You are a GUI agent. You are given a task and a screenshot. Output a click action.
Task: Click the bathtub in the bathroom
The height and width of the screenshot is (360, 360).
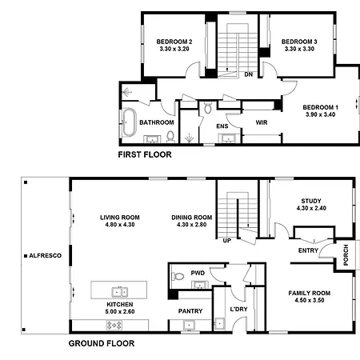point(130,122)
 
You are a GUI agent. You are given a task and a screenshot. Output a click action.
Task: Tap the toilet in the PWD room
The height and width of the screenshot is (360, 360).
point(178,276)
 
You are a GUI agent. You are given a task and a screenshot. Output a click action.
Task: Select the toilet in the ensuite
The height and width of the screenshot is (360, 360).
point(208,107)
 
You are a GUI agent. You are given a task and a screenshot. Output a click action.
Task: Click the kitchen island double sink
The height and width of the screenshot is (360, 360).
point(120,292)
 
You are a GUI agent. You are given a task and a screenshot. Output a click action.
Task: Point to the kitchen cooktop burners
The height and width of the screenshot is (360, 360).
point(114,325)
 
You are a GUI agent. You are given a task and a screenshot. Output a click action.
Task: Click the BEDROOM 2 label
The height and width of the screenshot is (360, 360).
point(174,42)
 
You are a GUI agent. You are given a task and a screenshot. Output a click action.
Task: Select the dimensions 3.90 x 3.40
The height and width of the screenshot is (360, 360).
point(321,114)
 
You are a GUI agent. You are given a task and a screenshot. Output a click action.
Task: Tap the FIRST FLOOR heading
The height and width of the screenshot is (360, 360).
point(145,154)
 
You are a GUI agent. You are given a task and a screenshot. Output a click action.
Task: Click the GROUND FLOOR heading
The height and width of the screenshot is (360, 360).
point(102,343)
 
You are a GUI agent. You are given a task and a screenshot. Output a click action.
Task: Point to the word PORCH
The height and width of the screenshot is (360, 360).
point(346,255)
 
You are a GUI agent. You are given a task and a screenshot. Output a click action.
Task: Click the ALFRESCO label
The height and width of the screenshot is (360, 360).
point(46,256)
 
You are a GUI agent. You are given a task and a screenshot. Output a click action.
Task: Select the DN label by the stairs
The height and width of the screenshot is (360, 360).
point(249,74)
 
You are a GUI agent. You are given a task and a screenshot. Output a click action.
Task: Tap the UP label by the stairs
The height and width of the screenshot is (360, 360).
point(226,241)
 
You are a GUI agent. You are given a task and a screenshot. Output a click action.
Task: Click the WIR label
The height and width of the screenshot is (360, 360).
point(262,122)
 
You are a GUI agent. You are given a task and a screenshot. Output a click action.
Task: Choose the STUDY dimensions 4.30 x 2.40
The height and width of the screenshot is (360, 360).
point(311,208)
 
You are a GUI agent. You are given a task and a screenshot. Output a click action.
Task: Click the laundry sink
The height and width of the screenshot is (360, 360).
point(219,323)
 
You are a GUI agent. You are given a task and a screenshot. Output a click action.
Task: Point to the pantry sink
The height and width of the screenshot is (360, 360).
point(189,326)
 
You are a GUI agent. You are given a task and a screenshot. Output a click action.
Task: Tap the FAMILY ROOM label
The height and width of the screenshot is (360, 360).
point(310,294)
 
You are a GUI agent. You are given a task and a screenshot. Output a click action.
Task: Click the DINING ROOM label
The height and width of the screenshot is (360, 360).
point(192,218)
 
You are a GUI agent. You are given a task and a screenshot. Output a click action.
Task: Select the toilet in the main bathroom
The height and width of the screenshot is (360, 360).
point(170,136)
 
